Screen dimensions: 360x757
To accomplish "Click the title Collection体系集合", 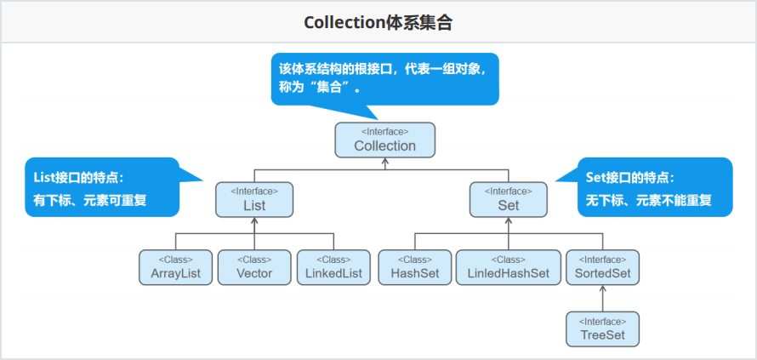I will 378,23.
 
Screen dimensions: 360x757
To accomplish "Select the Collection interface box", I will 384,140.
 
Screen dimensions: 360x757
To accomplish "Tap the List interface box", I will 253,199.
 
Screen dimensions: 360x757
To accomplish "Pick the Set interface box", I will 508,199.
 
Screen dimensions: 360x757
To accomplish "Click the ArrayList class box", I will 175,267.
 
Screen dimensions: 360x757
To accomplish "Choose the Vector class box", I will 254,267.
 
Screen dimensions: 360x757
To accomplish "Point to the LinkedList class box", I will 333,267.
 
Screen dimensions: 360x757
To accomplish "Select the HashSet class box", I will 414,267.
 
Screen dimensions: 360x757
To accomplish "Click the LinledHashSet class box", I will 508,267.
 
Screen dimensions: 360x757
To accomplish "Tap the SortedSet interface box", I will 602,267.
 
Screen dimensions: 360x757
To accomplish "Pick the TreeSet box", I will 602,329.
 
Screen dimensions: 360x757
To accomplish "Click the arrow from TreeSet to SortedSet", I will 602,299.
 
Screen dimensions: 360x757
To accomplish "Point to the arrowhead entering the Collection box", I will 384,161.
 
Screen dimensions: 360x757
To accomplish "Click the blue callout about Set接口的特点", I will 654,187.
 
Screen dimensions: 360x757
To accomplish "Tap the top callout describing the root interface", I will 384,77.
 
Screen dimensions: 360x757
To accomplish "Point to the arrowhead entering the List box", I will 253,220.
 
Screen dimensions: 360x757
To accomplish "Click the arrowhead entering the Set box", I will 508,220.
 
